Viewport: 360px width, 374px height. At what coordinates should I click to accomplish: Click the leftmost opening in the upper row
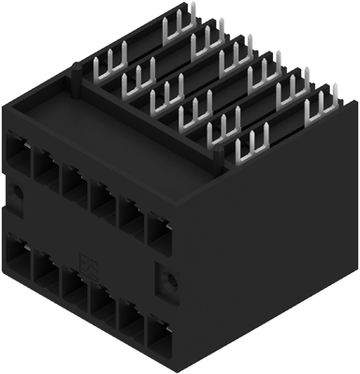19,152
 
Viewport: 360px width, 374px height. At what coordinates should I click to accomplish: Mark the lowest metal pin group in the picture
252,145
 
